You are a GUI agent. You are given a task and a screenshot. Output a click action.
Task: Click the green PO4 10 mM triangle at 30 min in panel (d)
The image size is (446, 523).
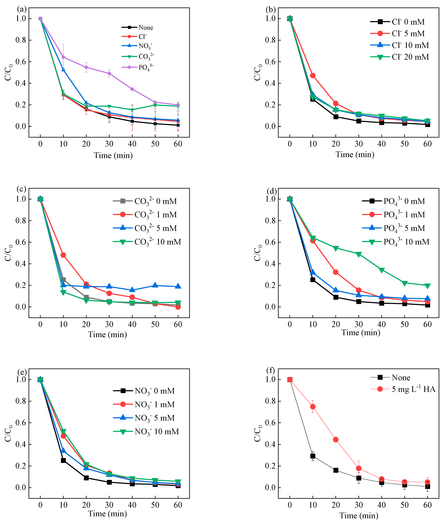pos(358,254)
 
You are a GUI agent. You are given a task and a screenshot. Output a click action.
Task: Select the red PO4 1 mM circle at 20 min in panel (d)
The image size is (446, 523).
pos(336,272)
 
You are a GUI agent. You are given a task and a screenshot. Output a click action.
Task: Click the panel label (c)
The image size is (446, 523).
pos(21,189)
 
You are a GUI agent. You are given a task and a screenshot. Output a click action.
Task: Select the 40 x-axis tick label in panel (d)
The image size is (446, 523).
pos(381,324)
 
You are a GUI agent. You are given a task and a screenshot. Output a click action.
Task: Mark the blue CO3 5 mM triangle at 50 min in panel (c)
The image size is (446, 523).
pos(155,285)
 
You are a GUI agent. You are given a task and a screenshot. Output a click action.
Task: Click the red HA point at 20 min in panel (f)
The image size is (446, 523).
pos(336,439)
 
